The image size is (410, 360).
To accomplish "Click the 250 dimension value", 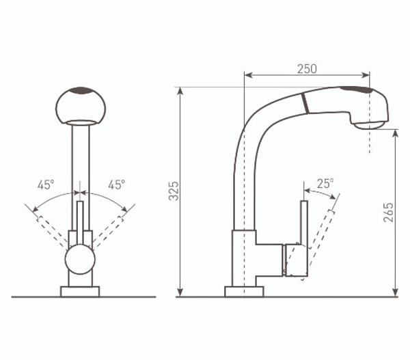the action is tap(307, 69).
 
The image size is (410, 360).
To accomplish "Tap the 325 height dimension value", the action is tap(174, 191).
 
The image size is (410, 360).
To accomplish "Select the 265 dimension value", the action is tap(388, 212).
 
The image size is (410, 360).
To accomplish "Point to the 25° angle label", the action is tap(325, 184).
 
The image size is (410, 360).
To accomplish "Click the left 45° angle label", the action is tap(46, 185).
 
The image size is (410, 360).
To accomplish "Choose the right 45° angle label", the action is tap(116, 184).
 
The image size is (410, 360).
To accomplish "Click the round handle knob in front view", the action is tap(80, 259).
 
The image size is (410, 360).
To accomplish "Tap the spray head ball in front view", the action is tap(81, 106).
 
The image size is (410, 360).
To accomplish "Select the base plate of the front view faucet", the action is tap(80, 292).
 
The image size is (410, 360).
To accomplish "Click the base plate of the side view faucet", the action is tap(244, 292).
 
